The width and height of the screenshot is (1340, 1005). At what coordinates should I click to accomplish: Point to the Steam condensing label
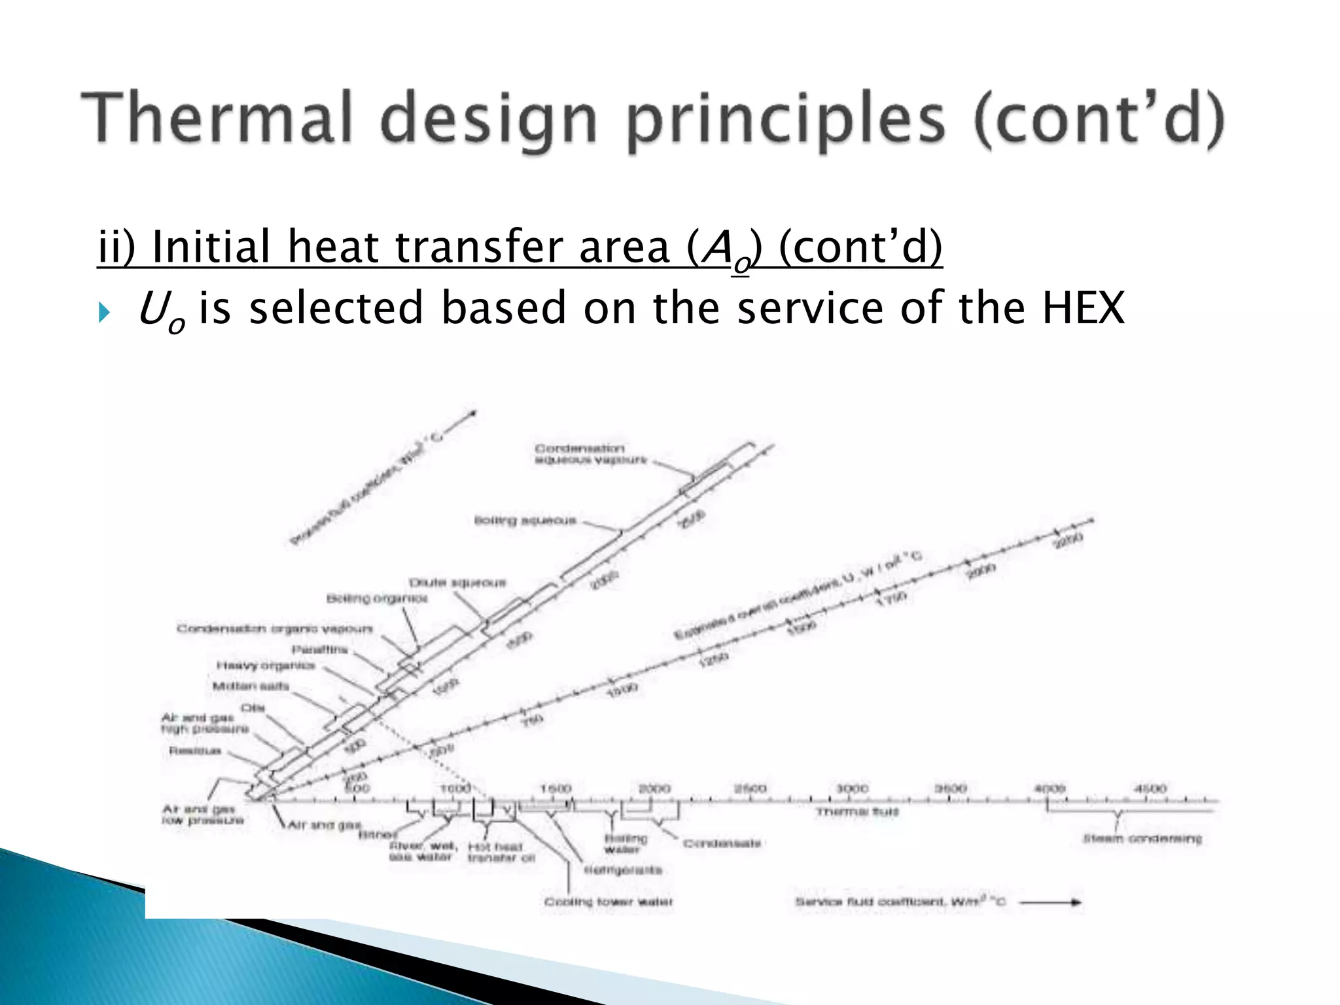coord(1142,838)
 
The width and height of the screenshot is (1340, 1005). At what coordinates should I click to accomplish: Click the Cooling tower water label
coord(608,902)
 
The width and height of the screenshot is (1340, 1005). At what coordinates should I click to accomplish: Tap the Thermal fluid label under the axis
coord(857,812)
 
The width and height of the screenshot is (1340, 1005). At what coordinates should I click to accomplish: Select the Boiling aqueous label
coord(525,521)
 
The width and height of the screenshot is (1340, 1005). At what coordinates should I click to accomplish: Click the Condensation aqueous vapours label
coord(590,454)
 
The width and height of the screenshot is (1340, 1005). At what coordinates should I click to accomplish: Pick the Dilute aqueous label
coord(457,582)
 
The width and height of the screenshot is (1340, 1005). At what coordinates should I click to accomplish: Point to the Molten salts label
coord(251,686)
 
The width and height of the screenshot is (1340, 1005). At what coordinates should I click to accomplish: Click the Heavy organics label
coord(266,665)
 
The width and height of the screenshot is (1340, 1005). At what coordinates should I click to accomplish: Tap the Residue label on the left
coord(195,750)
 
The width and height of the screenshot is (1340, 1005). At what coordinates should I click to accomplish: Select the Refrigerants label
coord(623,870)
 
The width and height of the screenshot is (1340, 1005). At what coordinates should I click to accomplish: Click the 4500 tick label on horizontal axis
coord(1150,788)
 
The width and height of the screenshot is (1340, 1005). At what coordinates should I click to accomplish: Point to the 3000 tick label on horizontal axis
coord(852,788)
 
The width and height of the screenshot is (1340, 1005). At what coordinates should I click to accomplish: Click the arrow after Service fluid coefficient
coord(1050,902)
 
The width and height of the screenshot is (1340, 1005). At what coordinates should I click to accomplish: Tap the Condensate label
coord(722,843)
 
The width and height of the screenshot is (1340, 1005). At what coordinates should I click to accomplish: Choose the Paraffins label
coord(319,650)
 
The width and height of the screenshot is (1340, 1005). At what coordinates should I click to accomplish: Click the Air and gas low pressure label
coord(203,815)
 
